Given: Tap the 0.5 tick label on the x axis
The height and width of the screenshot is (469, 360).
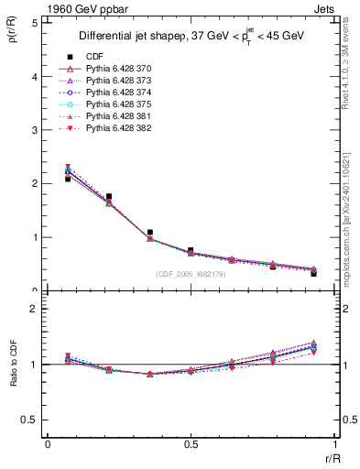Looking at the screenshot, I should click(190, 444).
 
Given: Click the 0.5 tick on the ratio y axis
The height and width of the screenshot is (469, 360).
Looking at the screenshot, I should click(32, 420).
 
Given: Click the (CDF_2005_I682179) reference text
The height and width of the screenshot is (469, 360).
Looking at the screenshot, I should click(191, 273).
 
